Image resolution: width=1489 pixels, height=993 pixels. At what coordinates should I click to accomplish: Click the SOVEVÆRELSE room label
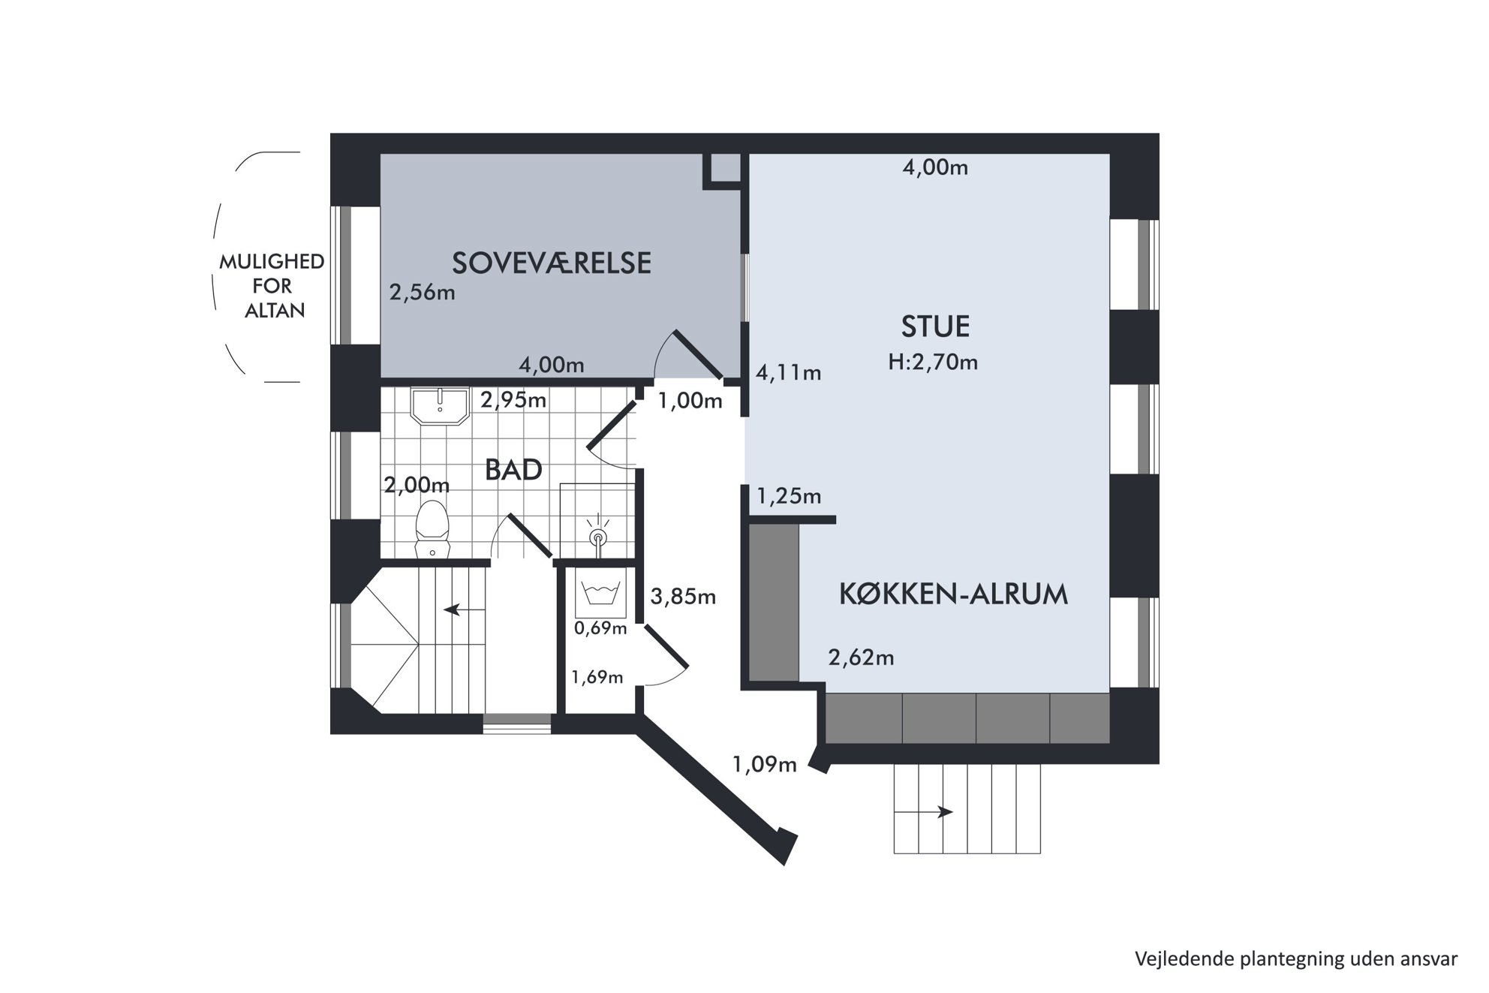pos(552,263)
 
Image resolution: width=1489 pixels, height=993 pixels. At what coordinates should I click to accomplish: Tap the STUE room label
pos(935,326)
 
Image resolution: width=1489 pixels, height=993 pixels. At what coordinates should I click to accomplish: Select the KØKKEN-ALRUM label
pos(953,594)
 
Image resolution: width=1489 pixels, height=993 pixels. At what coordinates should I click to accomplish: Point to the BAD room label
pos(513,470)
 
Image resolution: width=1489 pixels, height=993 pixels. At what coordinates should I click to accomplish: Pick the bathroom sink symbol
pos(440,405)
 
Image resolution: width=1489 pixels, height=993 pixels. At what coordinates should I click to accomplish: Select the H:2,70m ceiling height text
pos(933,363)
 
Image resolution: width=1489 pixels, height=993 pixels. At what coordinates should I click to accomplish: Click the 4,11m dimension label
pos(788,372)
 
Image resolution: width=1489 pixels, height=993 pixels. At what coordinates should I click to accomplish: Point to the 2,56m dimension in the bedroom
pos(423,292)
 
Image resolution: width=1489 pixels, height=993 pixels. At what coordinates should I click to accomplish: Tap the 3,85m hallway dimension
pos(683,597)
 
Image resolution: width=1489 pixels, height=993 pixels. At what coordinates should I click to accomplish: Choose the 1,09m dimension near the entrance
pos(764,765)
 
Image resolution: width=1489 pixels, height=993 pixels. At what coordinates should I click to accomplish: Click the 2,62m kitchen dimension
pos(861,657)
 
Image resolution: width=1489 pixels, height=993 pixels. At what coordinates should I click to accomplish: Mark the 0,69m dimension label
pos(600,628)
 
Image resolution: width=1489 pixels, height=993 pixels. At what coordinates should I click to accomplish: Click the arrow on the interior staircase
pos(463,609)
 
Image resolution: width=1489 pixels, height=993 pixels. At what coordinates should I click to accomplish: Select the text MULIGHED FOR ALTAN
pos(272,286)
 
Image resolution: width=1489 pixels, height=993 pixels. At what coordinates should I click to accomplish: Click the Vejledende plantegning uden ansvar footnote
pos(1296,958)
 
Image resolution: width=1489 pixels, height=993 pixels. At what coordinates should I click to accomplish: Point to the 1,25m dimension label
pos(789,496)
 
